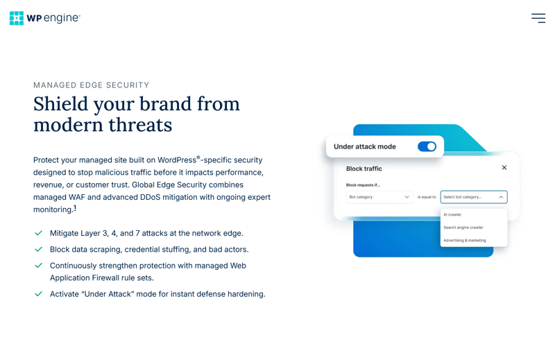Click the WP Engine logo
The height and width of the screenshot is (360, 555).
point(45,18)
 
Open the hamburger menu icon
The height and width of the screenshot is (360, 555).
point(538,18)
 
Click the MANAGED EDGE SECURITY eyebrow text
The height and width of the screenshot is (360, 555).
point(92,85)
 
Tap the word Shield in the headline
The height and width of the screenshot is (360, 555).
point(60,104)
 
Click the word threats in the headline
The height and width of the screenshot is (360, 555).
point(140,125)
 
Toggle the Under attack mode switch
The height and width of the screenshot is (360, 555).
point(427,146)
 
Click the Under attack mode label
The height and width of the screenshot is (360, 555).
point(365,146)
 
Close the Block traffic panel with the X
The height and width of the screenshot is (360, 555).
point(504,167)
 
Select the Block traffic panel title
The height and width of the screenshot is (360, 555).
point(364,169)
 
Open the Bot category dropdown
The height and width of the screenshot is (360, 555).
point(379,197)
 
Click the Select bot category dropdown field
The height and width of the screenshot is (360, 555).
point(474,197)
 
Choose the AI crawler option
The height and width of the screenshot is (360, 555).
point(452,214)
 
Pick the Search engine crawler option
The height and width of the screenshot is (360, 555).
point(463,228)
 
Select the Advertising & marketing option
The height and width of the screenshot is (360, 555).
point(464,241)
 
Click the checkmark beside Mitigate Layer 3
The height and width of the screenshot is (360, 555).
point(39,233)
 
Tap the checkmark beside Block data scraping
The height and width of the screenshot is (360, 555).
point(39,249)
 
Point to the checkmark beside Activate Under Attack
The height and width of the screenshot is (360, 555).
point(39,294)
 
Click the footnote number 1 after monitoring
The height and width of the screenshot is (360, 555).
point(75,208)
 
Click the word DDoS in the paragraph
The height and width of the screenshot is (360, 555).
point(150,197)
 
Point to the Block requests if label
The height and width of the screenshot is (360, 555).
point(363,185)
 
